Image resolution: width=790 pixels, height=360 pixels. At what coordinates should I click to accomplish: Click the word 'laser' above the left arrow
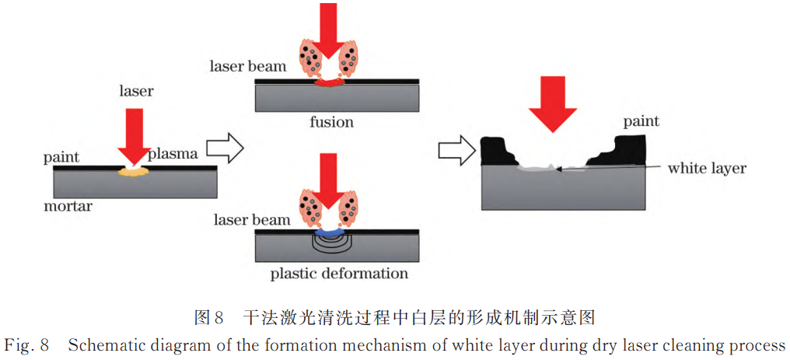pos(136,91)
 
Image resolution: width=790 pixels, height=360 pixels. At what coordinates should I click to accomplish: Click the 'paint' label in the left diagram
pos(61,158)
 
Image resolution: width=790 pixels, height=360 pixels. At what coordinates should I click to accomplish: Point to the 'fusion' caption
pos(331,122)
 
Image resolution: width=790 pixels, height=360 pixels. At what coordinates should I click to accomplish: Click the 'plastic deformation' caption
pos(339,273)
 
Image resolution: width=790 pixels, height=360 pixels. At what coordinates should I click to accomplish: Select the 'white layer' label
pos(706,168)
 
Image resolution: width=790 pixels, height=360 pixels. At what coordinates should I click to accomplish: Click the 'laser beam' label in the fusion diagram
pos(247,66)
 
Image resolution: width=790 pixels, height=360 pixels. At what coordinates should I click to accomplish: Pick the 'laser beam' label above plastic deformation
pos(252,220)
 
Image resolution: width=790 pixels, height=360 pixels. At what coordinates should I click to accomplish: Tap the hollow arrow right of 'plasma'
pos(228,147)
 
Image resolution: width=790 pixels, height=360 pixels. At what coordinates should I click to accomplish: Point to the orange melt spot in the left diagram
pos(134,173)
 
